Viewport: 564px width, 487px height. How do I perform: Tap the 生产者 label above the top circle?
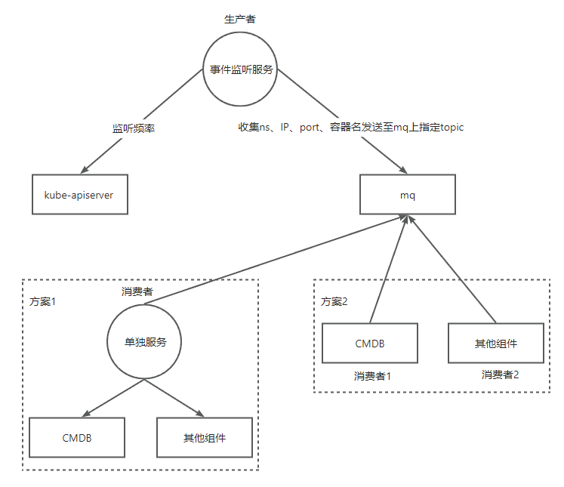point(240,18)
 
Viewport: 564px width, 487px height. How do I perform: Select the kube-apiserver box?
point(79,194)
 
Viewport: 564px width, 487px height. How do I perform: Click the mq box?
point(408,194)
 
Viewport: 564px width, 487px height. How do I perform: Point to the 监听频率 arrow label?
point(134,128)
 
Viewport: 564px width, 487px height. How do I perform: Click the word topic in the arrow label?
point(448,128)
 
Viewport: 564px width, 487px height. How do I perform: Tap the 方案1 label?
point(43,301)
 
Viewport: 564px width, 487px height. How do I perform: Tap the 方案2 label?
point(334,301)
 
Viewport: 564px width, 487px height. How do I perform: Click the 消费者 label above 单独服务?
point(137,291)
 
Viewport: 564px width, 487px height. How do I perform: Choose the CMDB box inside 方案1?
point(77,437)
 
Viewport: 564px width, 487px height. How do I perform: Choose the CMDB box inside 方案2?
point(369,344)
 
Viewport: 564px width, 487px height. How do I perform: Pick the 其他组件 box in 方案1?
point(204,437)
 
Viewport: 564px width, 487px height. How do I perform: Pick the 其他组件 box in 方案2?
point(495,344)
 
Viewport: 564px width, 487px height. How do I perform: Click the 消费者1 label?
point(372,375)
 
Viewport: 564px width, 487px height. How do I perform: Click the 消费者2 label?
point(500,374)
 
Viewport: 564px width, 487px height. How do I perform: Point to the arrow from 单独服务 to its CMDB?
point(113,397)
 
